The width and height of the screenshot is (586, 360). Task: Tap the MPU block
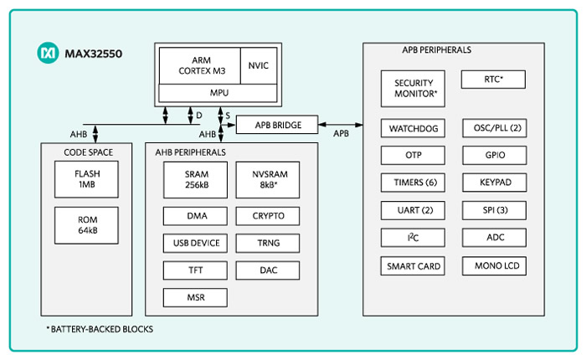(x=218, y=94)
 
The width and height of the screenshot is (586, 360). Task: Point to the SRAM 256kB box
(x=196, y=178)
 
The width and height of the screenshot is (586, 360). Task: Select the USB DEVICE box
(x=196, y=243)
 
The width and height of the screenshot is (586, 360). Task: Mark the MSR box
(x=196, y=296)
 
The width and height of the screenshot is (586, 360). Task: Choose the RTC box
(x=494, y=80)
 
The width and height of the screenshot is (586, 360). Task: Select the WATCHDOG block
(x=413, y=128)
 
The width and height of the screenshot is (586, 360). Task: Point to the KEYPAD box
(x=494, y=183)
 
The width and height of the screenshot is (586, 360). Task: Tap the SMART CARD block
(x=413, y=266)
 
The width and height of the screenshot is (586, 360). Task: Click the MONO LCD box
(x=494, y=266)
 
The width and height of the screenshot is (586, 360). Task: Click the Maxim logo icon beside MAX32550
(x=48, y=54)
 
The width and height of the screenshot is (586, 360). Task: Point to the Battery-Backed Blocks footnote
(x=99, y=329)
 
